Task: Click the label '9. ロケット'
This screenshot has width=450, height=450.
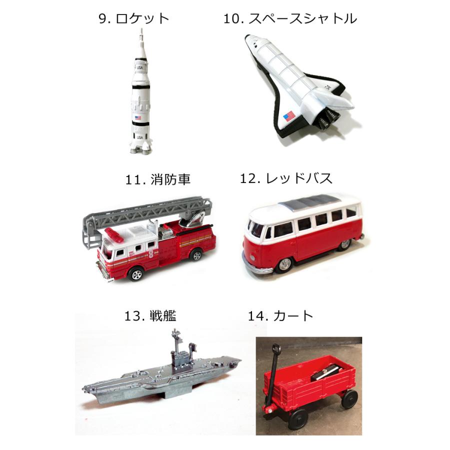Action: pos(134,19)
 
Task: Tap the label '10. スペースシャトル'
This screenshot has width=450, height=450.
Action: pos(290,19)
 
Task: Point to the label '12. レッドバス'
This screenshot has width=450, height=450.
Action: pos(286,178)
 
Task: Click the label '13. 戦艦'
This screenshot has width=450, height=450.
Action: pos(150,315)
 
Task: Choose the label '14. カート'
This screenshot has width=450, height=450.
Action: pos(280,315)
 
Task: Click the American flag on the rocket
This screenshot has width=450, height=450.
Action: pos(138,118)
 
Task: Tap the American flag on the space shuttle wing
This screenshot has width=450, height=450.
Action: pos(289,117)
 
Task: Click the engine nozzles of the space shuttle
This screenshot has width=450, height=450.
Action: pos(328,118)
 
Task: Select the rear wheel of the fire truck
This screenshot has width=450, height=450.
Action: pos(196,255)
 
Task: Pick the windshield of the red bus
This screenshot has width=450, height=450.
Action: pos(256,229)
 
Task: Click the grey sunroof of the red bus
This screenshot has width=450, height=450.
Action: pos(306,201)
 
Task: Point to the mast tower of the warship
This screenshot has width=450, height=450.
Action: pos(176,345)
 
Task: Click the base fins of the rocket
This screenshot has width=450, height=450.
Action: pos(138,147)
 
